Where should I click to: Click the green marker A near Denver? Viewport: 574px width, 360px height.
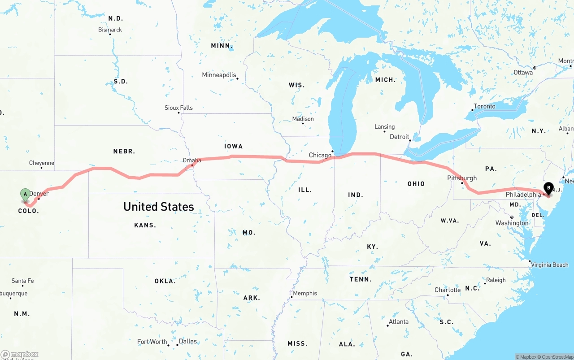click(26, 195)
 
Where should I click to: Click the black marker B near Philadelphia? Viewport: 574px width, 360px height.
click(548, 188)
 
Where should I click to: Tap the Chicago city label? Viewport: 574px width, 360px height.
click(320, 155)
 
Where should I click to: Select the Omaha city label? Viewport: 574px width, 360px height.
click(192, 160)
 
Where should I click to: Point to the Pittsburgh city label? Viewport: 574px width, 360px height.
click(462, 178)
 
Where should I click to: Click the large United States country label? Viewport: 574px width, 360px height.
click(159, 207)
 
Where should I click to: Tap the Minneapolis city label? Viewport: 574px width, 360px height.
click(219, 75)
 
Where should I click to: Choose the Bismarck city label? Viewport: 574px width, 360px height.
click(110, 30)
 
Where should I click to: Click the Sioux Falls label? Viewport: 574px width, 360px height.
click(178, 108)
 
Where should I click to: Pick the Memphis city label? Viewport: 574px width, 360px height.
click(305, 293)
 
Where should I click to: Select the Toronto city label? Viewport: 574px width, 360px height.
click(484, 106)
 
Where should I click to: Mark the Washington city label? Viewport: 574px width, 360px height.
click(512, 223)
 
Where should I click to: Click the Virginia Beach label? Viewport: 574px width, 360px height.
click(549, 265)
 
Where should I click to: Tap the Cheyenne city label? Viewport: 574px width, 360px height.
click(42, 163)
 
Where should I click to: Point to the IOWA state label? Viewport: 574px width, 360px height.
click(234, 146)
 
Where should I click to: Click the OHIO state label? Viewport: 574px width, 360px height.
click(416, 184)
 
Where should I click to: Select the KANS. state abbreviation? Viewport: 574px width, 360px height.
click(145, 225)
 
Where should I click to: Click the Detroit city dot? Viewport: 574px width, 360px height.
click(410, 140)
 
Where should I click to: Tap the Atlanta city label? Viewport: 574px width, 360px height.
click(399, 321)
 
